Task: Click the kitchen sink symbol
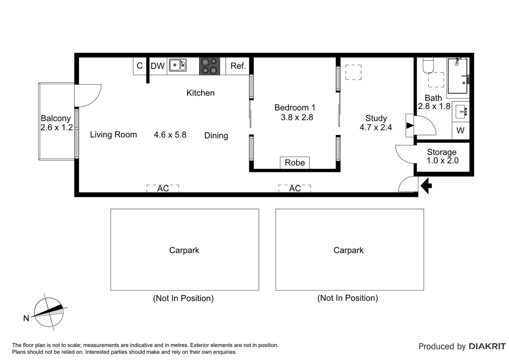coord(178,65)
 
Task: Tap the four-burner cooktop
coord(210,66)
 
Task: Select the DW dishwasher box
coord(158,66)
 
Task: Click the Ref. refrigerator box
coord(238,66)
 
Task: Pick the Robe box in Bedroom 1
coord(295,163)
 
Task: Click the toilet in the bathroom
coord(428,65)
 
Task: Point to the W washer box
coord(460,131)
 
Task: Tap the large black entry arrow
coord(426,186)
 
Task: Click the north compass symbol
coord(49,312)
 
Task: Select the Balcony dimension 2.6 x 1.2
coord(57,127)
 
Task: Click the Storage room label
coord(442,152)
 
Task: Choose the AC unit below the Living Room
coord(163,189)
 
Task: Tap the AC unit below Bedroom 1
coord(295,189)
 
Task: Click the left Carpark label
coord(184,250)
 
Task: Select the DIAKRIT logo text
coord(487,346)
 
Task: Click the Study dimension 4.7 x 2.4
coord(376,127)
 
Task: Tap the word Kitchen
coord(201,93)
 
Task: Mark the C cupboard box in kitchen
coord(140,66)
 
